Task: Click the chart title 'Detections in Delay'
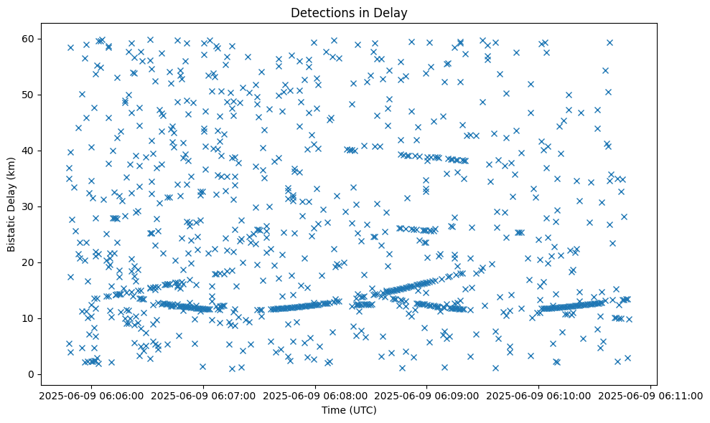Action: [x=349, y=13]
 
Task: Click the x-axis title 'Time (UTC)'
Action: [x=349, y=411]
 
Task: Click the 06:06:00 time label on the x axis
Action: [x=91, y=396]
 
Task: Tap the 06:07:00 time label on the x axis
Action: [x=203, y=396]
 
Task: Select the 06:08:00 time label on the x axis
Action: [x=315, y=396]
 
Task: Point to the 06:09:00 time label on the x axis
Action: [x=427, y=396]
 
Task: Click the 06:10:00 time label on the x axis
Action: [x=539, y=396]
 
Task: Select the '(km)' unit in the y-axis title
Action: [x=11, y=166]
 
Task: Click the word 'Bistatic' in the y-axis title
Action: [x=11, y=233]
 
